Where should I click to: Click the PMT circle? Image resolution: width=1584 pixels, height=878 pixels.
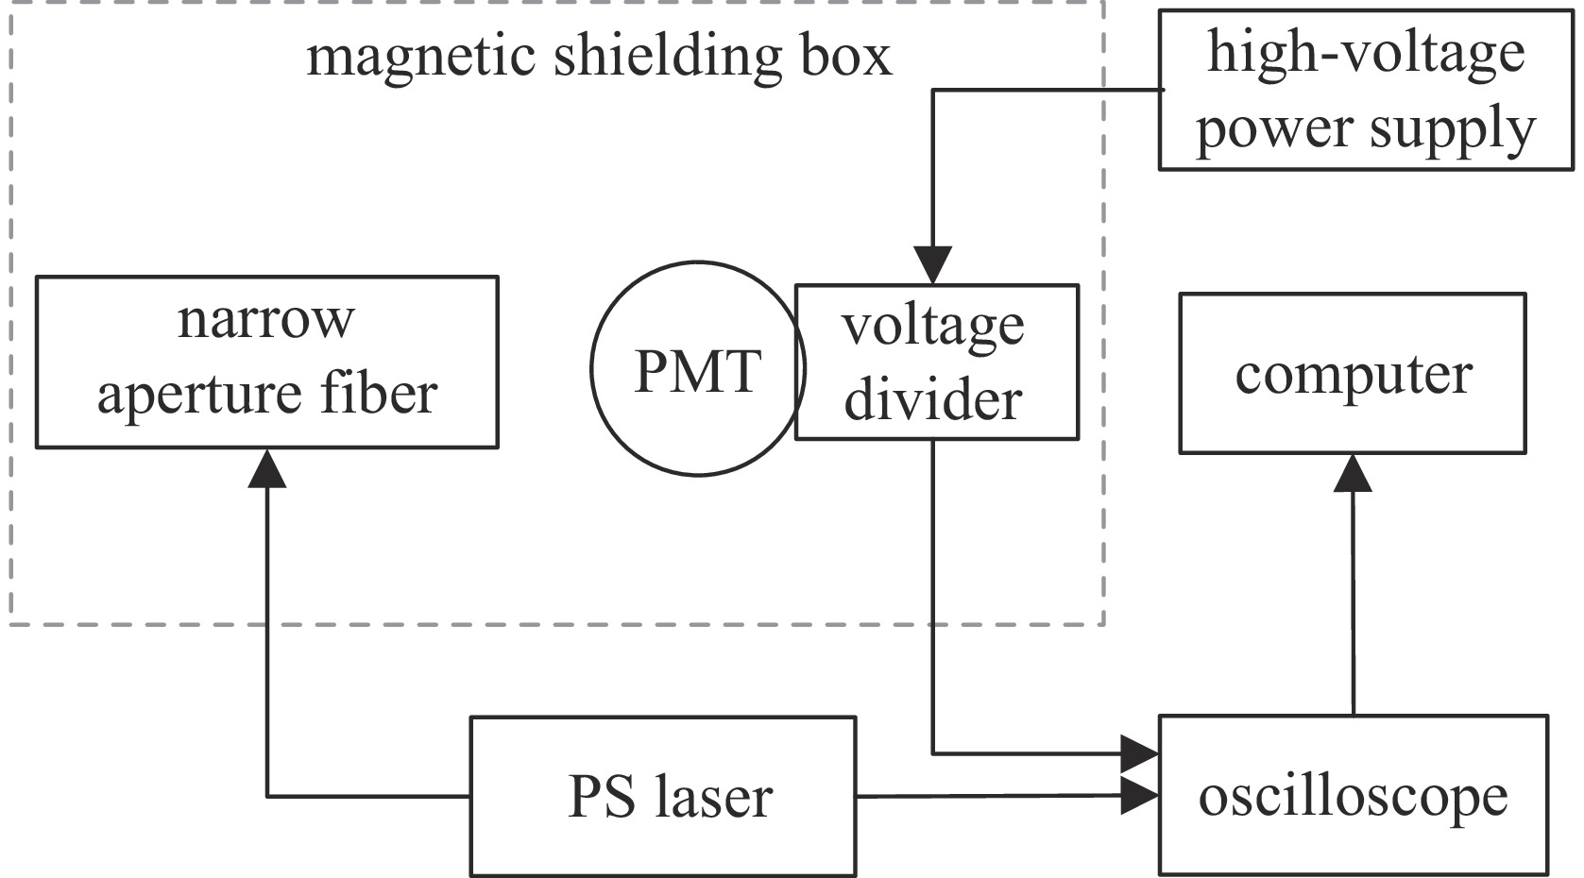click(697, 368)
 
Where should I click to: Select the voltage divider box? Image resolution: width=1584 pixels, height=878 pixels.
click(936, 363)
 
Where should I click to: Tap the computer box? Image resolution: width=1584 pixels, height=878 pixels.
click(1352, 374)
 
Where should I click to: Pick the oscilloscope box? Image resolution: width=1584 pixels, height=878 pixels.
click(1353, 795)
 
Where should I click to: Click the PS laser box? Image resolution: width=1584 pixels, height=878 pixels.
click(662, 796)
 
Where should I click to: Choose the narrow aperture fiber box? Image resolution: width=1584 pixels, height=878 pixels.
click(266, 362)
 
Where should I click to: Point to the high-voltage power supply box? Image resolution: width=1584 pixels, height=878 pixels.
click(1365, 91)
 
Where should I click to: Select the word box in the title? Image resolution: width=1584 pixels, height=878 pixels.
click(846, 58)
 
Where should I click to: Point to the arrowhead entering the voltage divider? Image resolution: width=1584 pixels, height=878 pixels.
click(932, 264)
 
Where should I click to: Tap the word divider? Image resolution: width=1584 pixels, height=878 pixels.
click(933, 400)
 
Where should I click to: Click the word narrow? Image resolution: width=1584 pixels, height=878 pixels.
click(265, 321)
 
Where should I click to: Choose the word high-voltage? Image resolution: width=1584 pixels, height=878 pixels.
click(1366, 52)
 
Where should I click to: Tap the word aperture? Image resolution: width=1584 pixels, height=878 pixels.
click(199, 395)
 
